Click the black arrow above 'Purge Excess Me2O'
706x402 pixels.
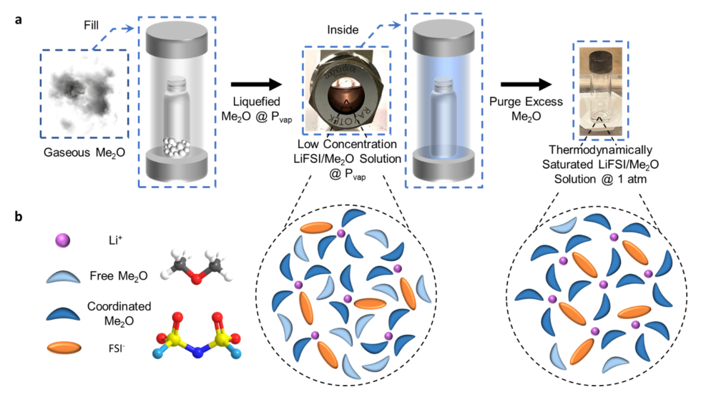[524, 85]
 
